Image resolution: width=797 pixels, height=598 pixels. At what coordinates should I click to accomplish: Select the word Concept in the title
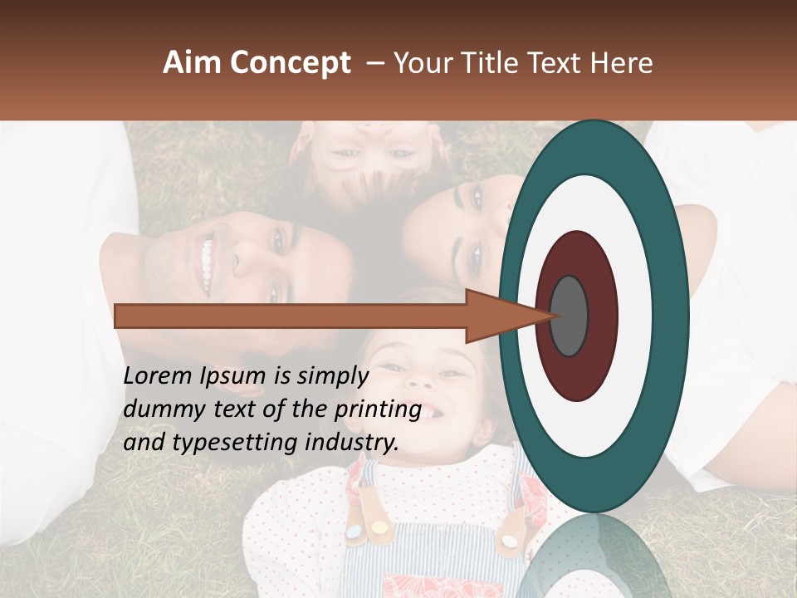tap(291, 63)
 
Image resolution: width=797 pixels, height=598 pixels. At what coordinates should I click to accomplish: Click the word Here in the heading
tap(621, 63)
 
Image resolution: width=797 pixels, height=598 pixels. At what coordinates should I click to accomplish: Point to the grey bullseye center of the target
tap(569, 316)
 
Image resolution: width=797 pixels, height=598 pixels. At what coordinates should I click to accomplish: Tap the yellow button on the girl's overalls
tap(379, 526)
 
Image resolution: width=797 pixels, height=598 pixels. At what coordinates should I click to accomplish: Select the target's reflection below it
tap(594, 556)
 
